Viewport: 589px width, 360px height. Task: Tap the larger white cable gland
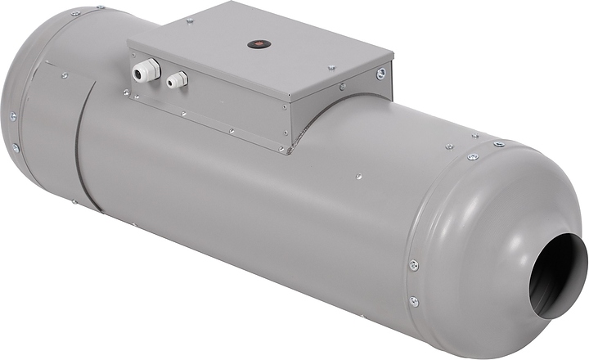145,72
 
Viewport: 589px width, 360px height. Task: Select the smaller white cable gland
176,80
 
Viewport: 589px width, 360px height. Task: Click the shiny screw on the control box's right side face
380,74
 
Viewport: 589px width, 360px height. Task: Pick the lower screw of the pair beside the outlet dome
413,300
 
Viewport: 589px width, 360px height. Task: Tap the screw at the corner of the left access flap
65,75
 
